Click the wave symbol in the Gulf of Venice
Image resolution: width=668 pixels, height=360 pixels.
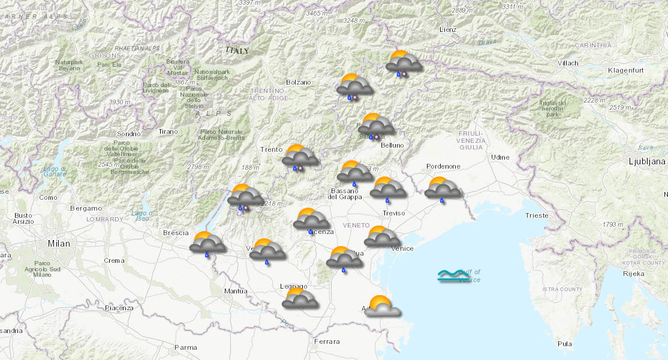click(451, 276)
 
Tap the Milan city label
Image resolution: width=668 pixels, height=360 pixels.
click(59, 244)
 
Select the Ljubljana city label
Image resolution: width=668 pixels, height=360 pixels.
click(647, 161)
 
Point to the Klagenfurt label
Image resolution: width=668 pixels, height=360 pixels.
click(625, 70)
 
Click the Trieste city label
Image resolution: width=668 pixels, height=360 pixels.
click(536, 215)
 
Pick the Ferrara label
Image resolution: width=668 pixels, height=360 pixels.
click(327, 341)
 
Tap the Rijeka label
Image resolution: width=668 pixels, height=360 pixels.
click(633, 274)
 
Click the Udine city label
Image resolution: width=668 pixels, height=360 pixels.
click(500, 157)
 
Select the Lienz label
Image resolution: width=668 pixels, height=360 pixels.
click(447, 29)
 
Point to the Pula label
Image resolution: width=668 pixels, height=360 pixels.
click(564, 344)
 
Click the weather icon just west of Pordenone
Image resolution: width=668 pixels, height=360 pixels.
click(443, 188)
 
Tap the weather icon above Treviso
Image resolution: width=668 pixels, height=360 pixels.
click(388, 188)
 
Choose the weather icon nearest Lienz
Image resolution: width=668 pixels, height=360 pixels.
click(403, 62)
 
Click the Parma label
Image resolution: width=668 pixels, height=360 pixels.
click(185, 347)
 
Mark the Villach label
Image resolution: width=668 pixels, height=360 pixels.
click(568, 63)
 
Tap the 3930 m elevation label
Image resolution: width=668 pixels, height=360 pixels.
click(120, 102)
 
